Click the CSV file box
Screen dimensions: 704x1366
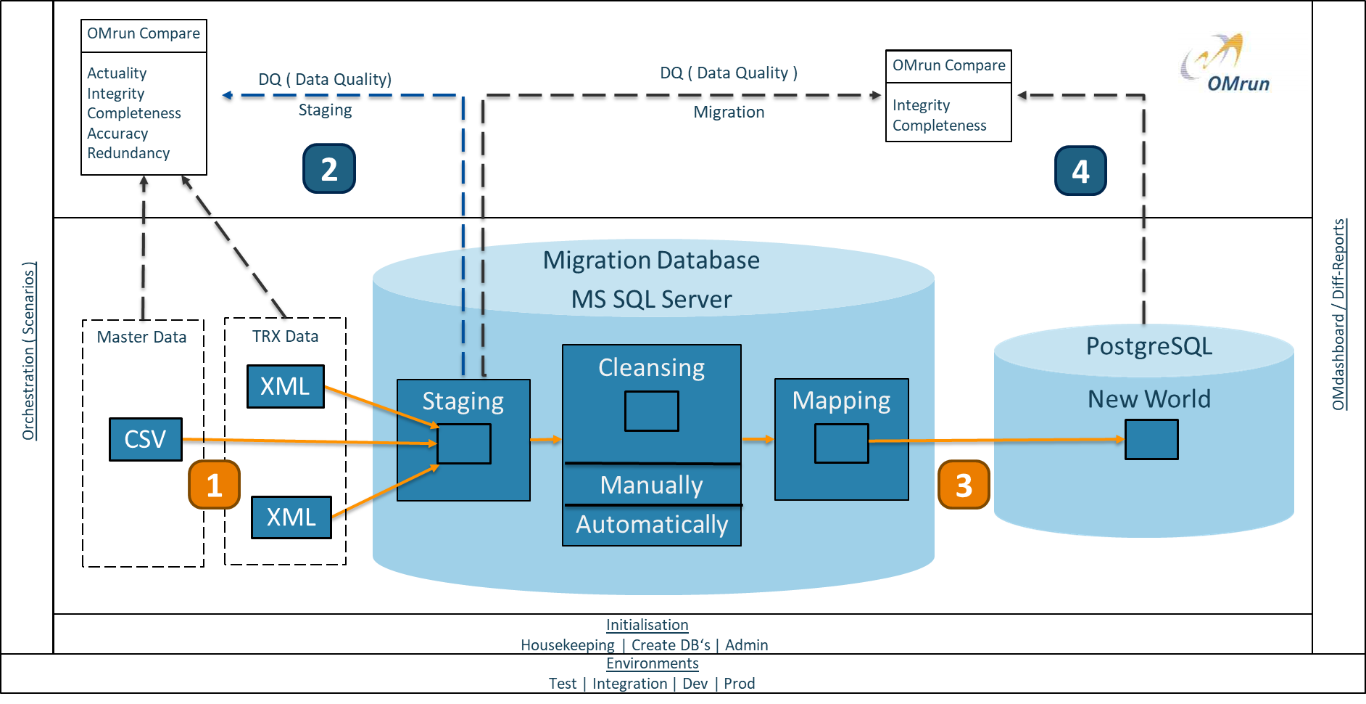pyautogui.click(x=145, y=439)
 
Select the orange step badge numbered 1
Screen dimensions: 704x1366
pyautogui.click(x=214, y=484)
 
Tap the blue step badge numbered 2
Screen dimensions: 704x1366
pyautogui.click(x=329, y=168)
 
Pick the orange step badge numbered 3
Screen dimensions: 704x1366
pyautogui.click(x=964, y=484)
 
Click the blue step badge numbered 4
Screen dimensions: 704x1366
pyautogui.click(x=1080, y=171)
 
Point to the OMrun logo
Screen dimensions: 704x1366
pyautogui.click(x=1242, y=62)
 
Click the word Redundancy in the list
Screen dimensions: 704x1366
pyautogui.click(x=128, y=153)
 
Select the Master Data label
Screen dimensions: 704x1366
pyautogui.click(x=141, y=337)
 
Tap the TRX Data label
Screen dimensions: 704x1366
pyautogui.click(x=285, y=336)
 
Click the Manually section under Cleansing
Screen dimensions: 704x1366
pyautogui.click(x=651, y=485)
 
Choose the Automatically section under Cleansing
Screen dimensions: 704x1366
pyautogui.click(x=651, y=524)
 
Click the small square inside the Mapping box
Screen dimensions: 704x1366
pyautogui.click(x=841, y=443)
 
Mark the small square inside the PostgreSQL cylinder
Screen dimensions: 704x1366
pyautogui.click(x=1151, y=440)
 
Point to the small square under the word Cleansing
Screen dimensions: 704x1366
pyautogui.click(x=652, y=411)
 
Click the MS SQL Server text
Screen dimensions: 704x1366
pyautogui.click(x=651, y=299)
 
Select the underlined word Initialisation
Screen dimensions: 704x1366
pyautogui.click(x=647, y=625)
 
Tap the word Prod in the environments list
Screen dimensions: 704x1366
pyautogui.click(x=739, y=684)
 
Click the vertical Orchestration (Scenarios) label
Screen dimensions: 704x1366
pyautogui.click(x=28, y=351)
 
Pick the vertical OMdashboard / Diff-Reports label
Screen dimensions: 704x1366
pyautogui.click(x=1338, y=314)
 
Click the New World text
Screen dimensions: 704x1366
pyautogui.click(x=1149, y=399)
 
